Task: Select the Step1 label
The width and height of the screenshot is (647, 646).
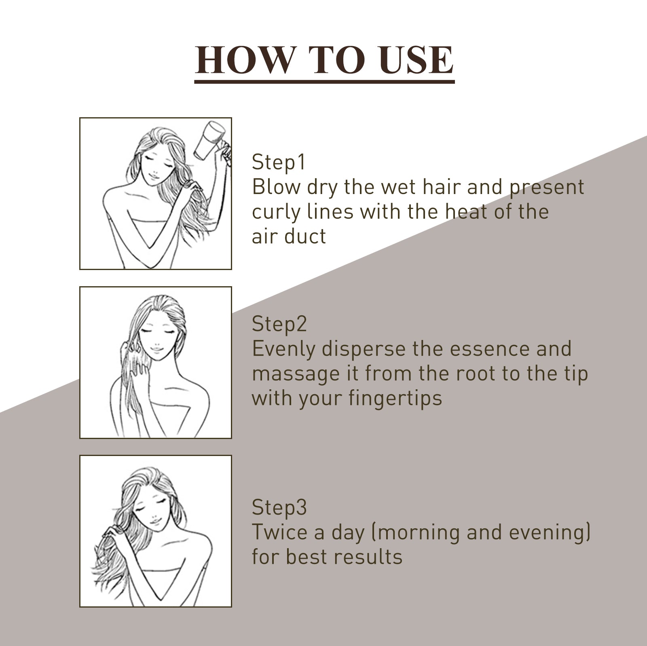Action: tap(279, 162)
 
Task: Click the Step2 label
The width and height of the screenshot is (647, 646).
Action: tap(279, 324)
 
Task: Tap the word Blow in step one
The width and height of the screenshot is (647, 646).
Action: tap(276, 187)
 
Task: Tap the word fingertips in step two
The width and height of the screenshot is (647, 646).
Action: tap(395, 399)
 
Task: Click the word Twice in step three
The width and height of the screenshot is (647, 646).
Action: tap(279, 532)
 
